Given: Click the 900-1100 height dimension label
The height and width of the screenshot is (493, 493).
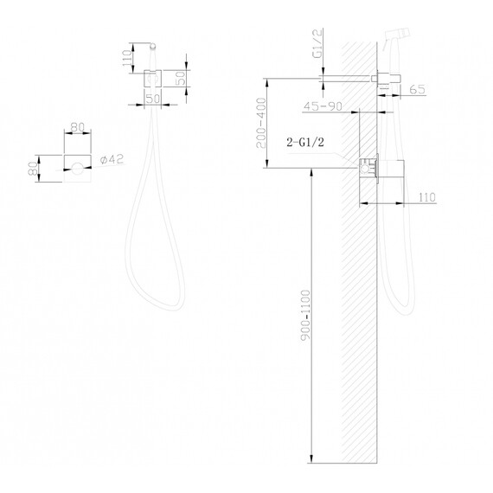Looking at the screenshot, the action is pyautogui.click(x=305, y=315).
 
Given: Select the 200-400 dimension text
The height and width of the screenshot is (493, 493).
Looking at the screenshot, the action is pyautogui.click(x=261, y=123).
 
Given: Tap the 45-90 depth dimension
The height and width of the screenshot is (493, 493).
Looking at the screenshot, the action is pyautogui.click(x=323, y=106).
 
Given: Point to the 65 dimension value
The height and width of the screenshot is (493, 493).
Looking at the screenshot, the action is pyautogui.click(x=418, y=89).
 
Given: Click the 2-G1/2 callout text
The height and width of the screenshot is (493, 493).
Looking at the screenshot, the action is pyautogui.click(x=305, y=143).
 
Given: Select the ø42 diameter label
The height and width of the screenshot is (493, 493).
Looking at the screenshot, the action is pyautogui.click(x=112, y=159).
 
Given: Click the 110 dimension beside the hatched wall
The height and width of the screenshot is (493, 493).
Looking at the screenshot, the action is pyautogui.click(x=427, y=197).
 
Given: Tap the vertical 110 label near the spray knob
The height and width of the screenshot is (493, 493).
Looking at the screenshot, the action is pyautogui.click(x=127, y=58).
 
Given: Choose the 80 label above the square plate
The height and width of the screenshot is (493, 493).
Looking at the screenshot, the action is pyautogui.click(x=77, y=127).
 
